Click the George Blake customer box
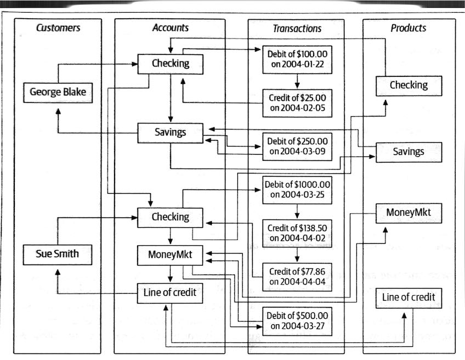click(x=58, y=92)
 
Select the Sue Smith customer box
click(x=58, y=254)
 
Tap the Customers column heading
click(x=58, y=27)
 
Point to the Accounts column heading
click(x=170, y=27)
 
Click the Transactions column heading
click(x=297, y=28)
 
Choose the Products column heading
click(x=409, y=27)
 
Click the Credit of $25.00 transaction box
click(x=297, y=103)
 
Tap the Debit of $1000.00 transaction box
click(x=297, y=189)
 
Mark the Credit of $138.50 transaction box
click(x=297, y=233)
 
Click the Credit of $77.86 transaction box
click(x=297, y=277)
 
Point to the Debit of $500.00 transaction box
click(x=297, y=320)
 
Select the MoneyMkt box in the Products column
click(x=409, y=212)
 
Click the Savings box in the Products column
click(x=409, y=151)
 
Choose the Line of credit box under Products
click(x=409, y=297)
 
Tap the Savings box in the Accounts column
click(x=170, y=132)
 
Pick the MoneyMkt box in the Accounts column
click(x=170, y=255)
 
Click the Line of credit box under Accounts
click(x=170, y=293)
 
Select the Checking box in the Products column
click(x=409, y=85)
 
